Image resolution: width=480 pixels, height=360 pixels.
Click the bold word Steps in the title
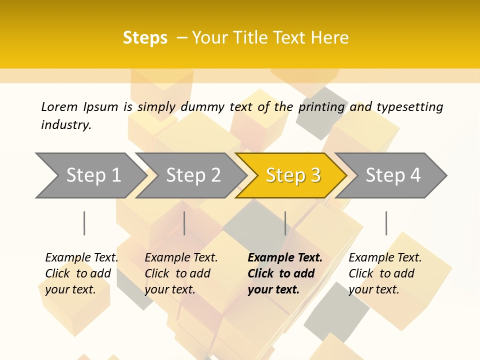pyautogui.click(x=145, y=38)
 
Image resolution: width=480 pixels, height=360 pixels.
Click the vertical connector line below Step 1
pyautogui.click(x=84, y=223)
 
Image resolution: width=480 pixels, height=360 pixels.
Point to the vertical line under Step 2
pyautogui.click(x=184, y=223)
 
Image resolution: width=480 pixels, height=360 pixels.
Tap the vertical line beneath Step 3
pyautogui.click(x=285, y=223)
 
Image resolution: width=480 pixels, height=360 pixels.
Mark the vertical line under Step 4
pyautogui.click(x=386, y=223)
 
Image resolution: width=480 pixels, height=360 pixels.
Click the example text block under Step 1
pyautogui.click(x=81, y=273)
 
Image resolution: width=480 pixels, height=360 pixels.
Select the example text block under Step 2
pyautogui.click(x=181, y=273)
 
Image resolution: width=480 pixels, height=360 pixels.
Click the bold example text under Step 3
pyautogui.click(x=285, y=273)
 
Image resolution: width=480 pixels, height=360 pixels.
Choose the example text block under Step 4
pyautogui.click(x=385, y=273)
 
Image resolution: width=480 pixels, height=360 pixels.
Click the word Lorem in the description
pyautogui.click(x=59, y=107)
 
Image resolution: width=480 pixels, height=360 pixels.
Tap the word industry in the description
pyautogui.click(x=65, y=125)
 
